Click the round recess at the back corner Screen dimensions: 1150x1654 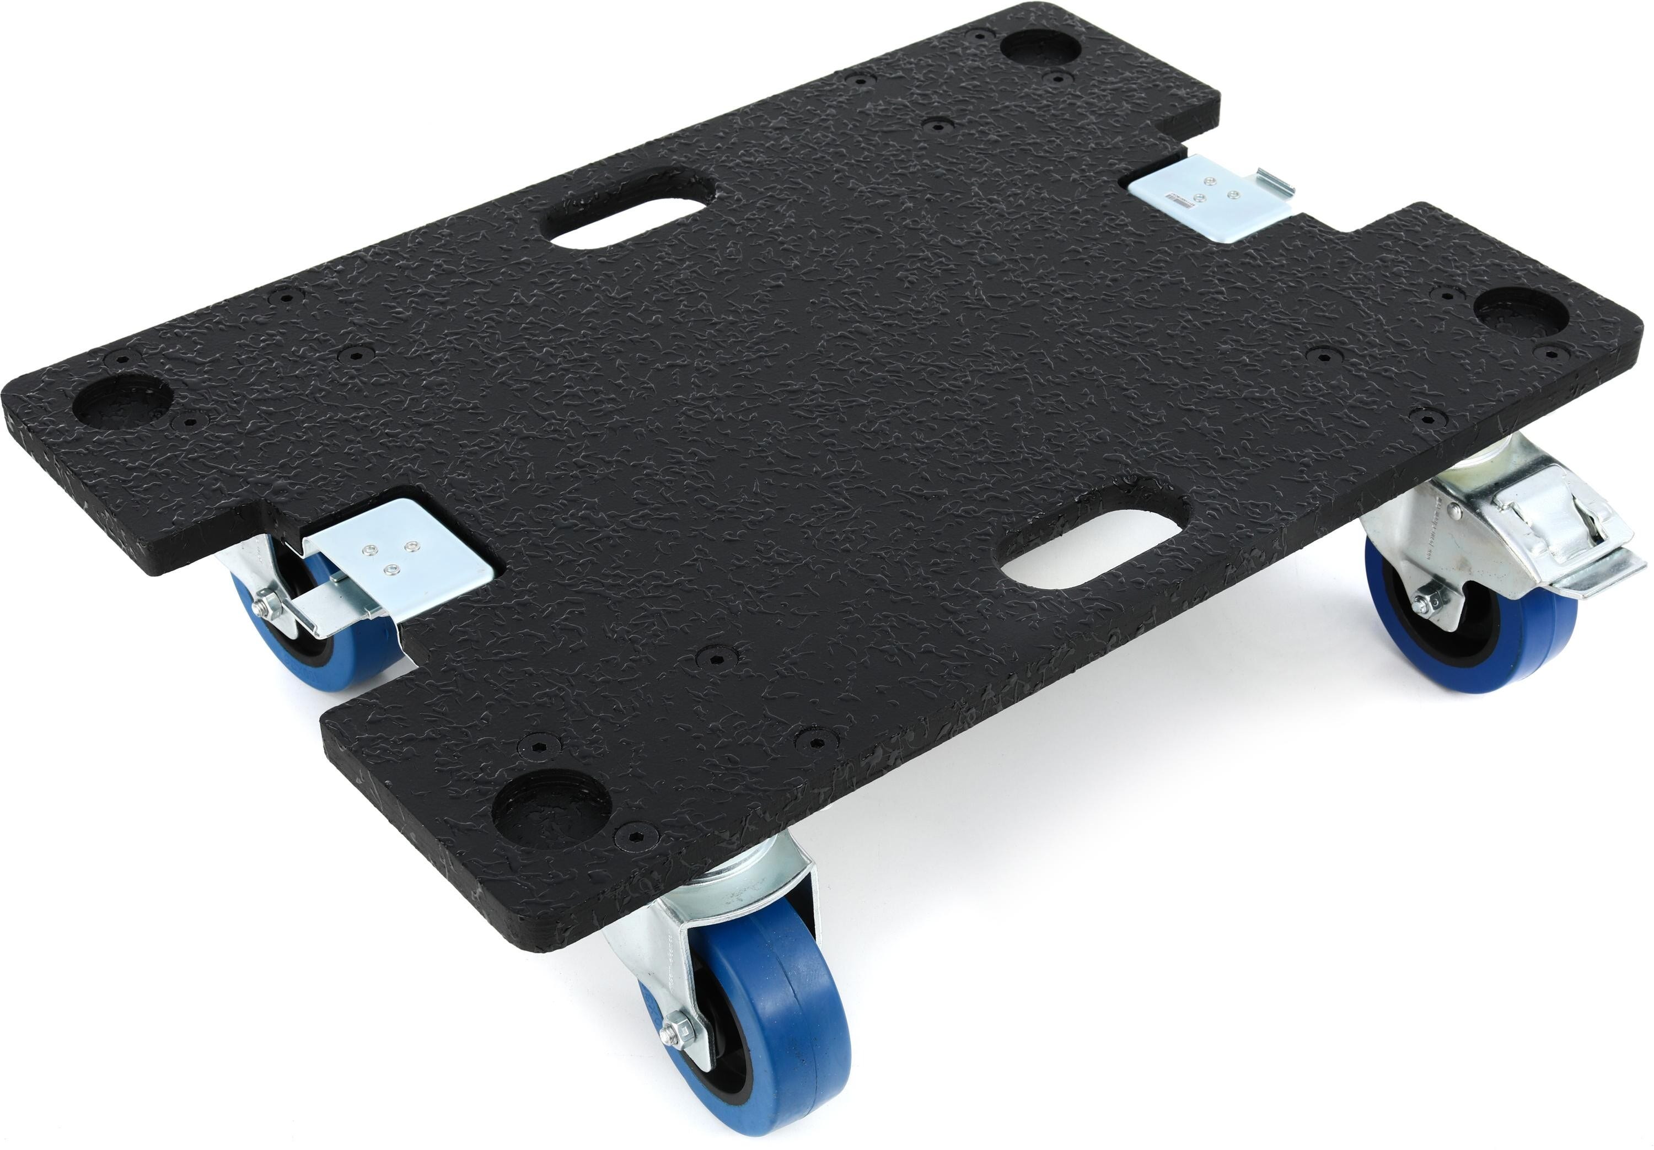[x=1041, y=47]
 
